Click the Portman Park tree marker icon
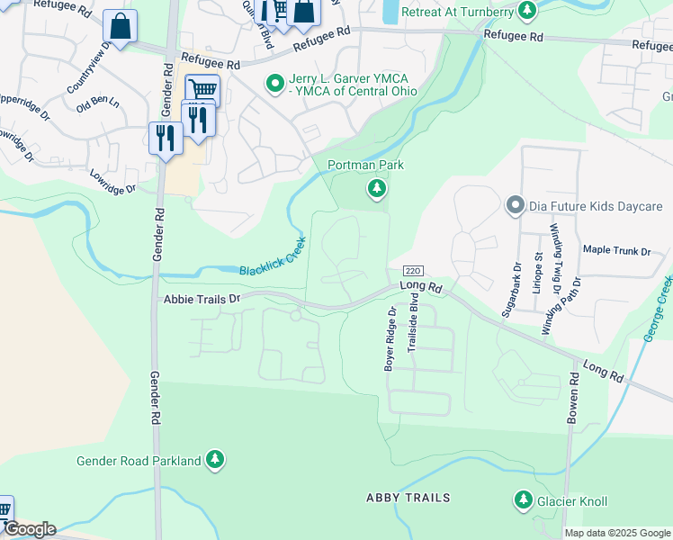(377, 188)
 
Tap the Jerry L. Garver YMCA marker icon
(275, 83)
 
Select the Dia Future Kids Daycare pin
(515, 205)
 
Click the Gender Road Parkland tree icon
(214, 460)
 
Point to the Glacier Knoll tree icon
(523, 499)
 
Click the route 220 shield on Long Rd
(413, 271)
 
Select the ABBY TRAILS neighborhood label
(408, 498)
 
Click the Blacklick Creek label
(273, 257)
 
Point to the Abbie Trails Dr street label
(202, 299)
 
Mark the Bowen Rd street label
(571, 399)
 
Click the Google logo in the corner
(29, 529)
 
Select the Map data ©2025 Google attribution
(616, 533)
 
